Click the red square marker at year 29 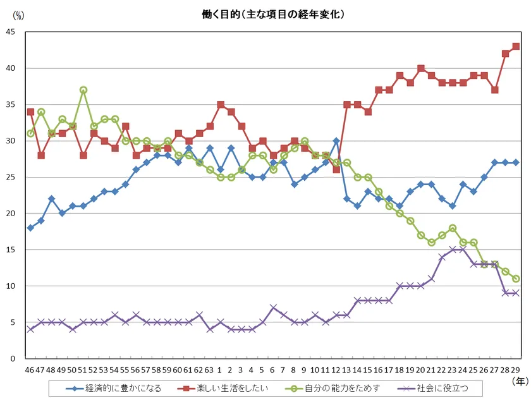click(516, 46)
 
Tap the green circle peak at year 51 click(83, 90)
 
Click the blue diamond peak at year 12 click(336, 141)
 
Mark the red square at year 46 click(30, 112)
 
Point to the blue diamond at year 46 click(30, 228)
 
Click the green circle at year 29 click(516, 279)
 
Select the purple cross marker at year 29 click(516, 293)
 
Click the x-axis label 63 click(210, 368)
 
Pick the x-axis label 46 click(30, 368)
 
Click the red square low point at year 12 click(336, 170)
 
